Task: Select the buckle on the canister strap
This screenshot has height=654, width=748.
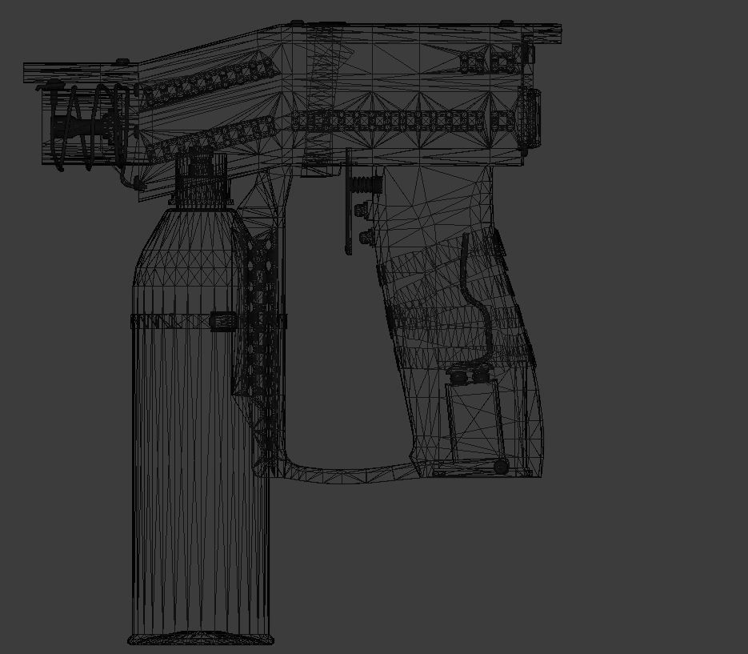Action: tap(222, 321)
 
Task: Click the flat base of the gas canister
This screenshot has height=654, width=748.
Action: tap(201, 639)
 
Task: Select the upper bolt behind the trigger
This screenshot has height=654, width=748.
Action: tap(362, 210)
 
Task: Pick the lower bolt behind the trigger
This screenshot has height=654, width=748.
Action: tap(366, 237)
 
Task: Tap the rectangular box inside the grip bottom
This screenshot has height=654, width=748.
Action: tap(472, 420)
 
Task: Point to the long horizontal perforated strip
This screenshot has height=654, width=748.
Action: tap(392, 121)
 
